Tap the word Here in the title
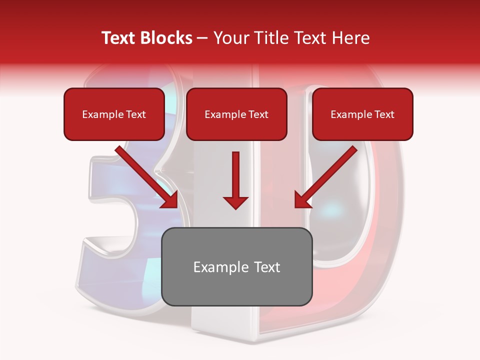tap(350, 38)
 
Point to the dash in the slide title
tap(202, 38)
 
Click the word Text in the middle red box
tap(258, 114)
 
